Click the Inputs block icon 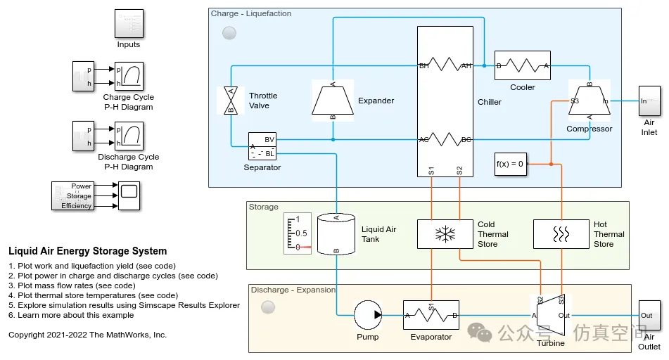(x=129, y=24)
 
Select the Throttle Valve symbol (x=229, y=101)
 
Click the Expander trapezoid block (x=333, y=99)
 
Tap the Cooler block (x=522, y=66)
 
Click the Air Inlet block (x=649, y=101)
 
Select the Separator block (x=262, y=146)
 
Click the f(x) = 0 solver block (x=510, y=163)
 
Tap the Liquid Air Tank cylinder (x=336, y=233)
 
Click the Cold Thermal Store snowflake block (x=445, y=233)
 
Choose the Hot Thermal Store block (x=561, y=233)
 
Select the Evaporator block (x=431, y=315)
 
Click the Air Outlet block (x=649, y=315)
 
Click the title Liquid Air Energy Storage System (x=88, y=251)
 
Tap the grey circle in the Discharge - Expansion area (x=268, y=307)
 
